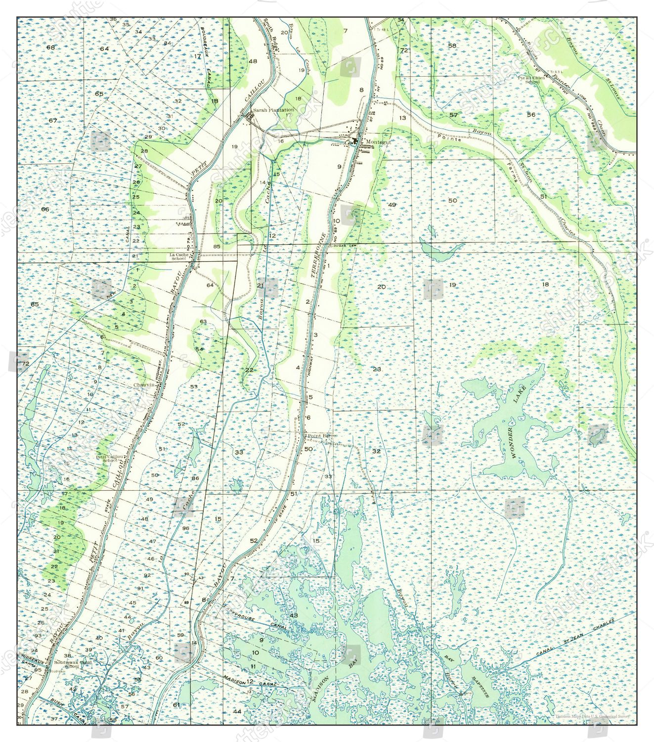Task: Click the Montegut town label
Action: [x=378, y=142]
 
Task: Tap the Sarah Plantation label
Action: [x=273, y=110]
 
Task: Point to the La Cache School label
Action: [x=178, y=256]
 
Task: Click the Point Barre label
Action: [x=322, y=436]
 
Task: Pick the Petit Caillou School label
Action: [x=110, y=458]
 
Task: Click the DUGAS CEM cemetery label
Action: [x=345, y=246]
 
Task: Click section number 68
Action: [x=50, y=47]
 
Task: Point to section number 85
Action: [x=217, y=246]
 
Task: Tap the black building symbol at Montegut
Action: [x=356, y=141]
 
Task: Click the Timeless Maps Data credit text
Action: [x=592, y=716]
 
